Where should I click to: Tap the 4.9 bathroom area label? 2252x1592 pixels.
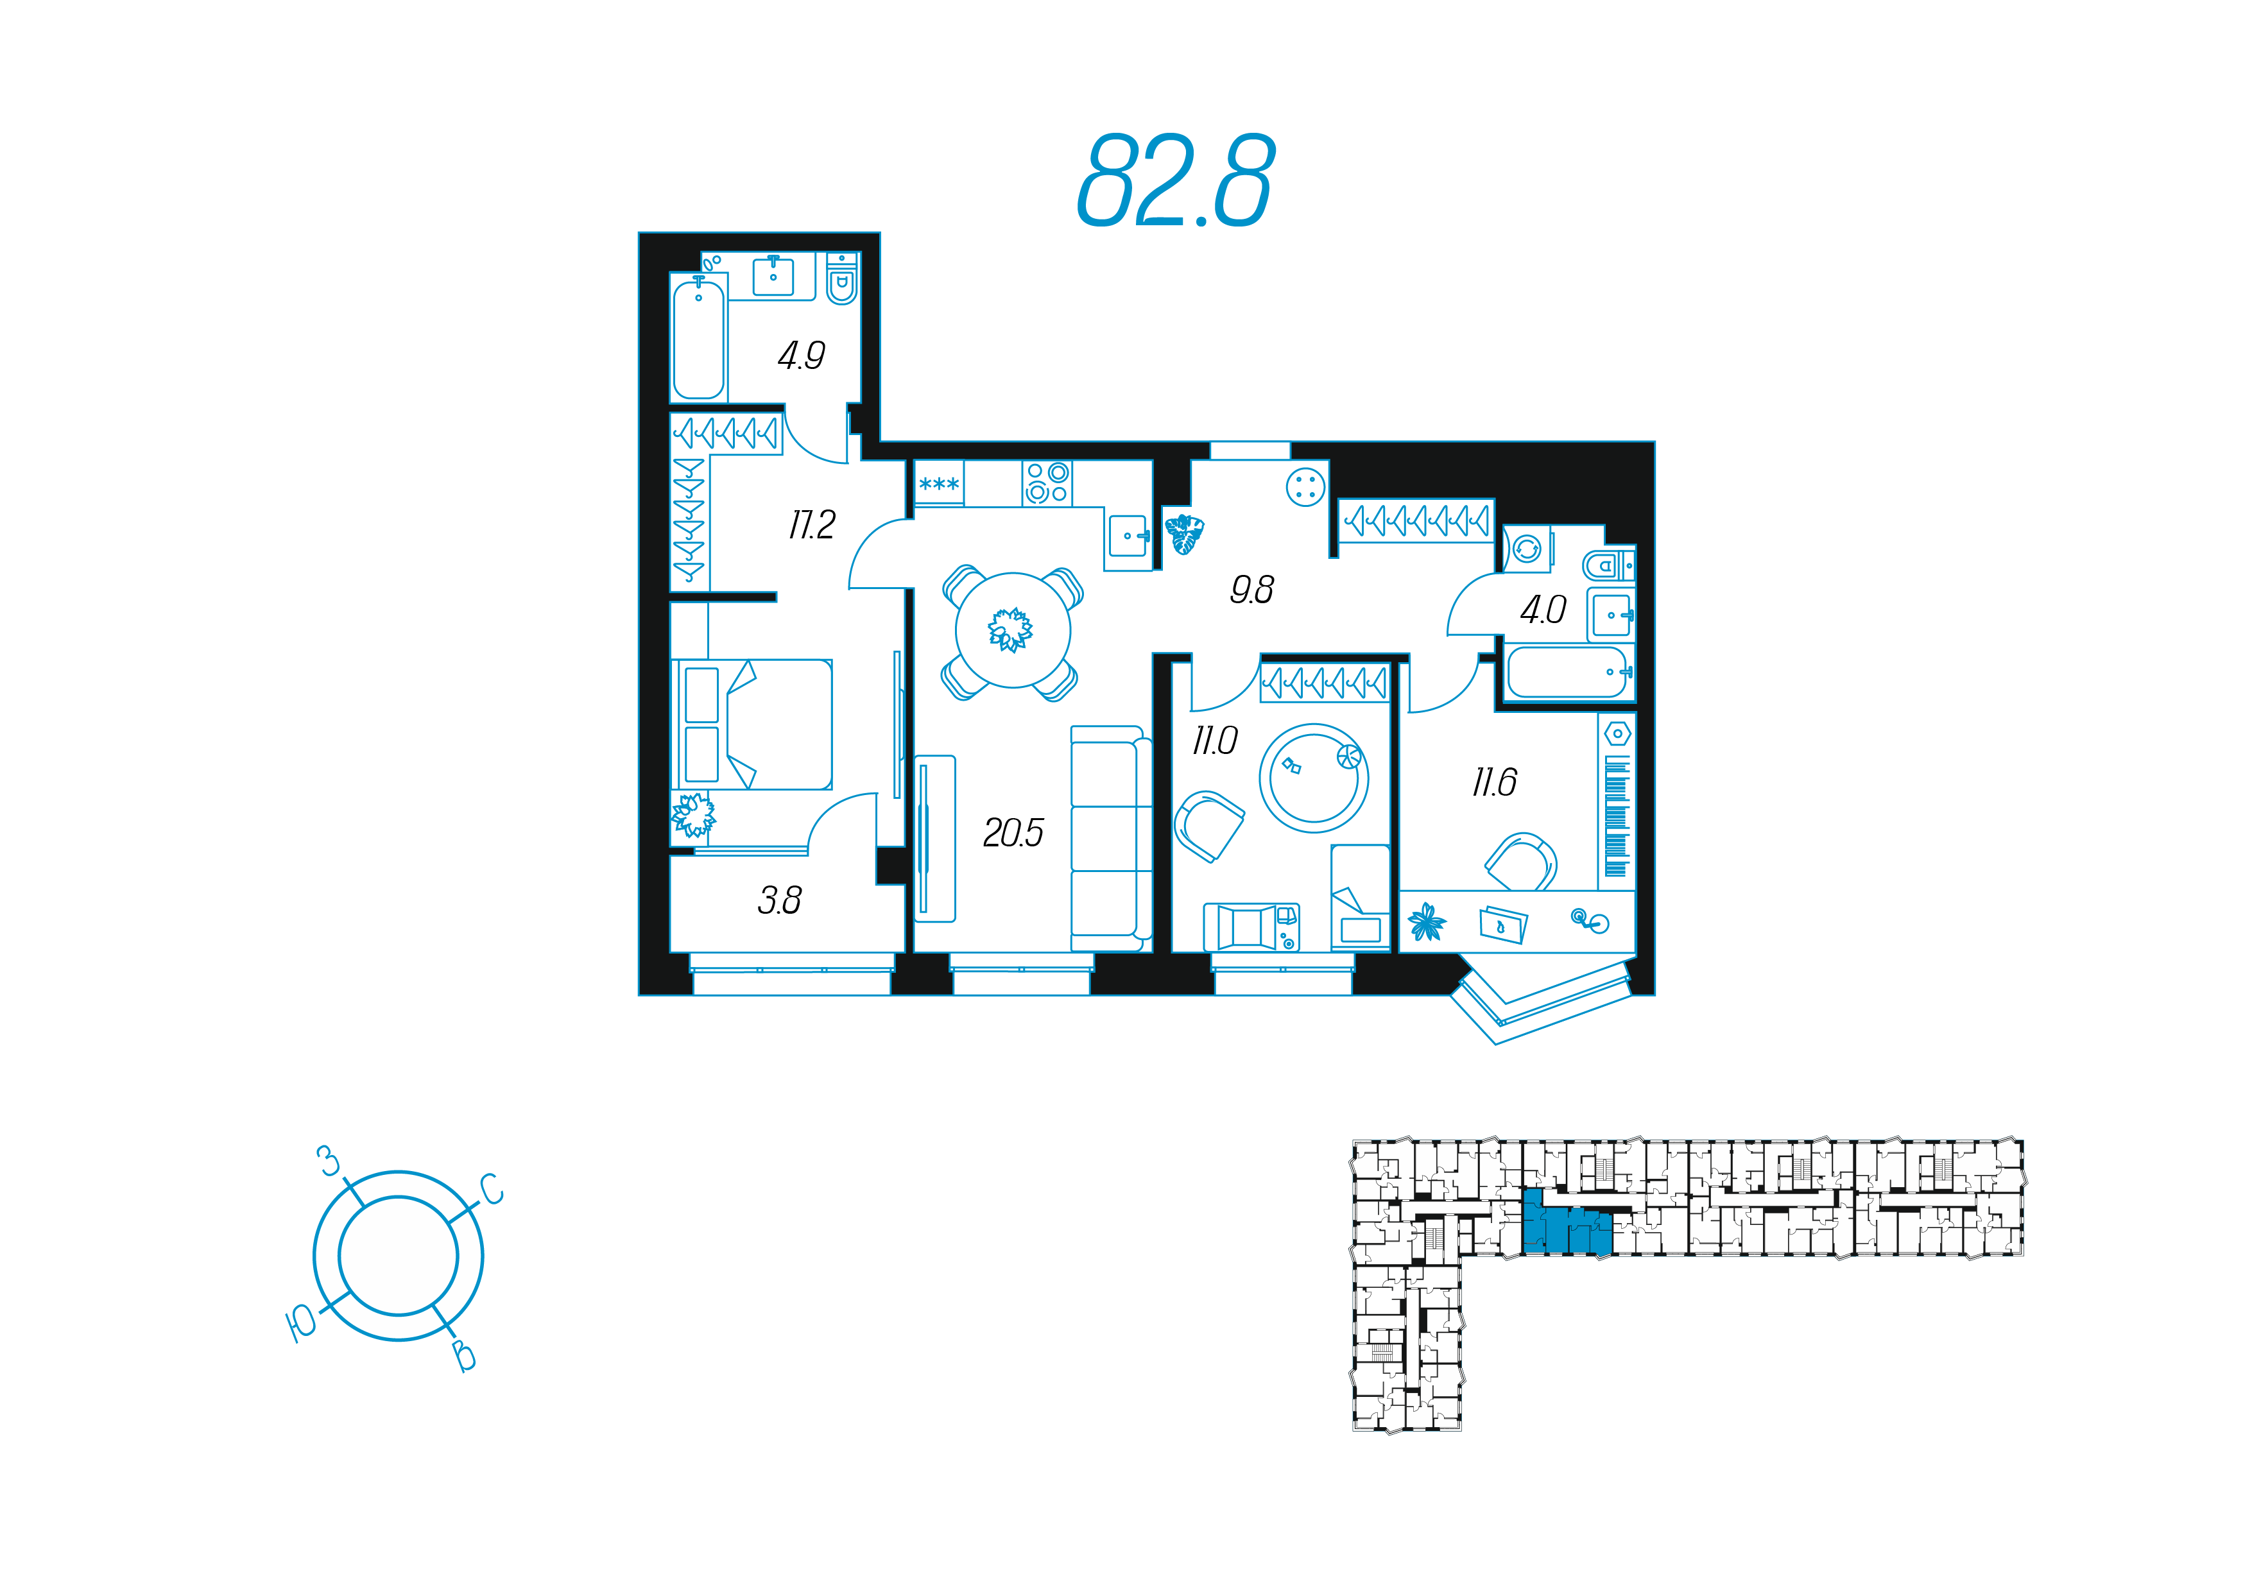point(802,355)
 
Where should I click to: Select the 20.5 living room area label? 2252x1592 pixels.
point(1013,833)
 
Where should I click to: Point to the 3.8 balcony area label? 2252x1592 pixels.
point(780,900)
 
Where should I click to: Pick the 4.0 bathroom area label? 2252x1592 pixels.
point(1543,610)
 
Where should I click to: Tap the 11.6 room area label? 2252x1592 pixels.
point(1494,782)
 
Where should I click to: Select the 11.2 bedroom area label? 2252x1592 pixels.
point(811,525)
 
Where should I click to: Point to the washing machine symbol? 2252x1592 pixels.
point(1527,549)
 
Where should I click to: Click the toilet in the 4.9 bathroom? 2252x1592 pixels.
point(841,278)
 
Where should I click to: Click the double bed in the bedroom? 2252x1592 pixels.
point(752,724)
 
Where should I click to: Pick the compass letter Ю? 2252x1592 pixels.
point(300,1324)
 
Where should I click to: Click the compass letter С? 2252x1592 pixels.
point(492,1189)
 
